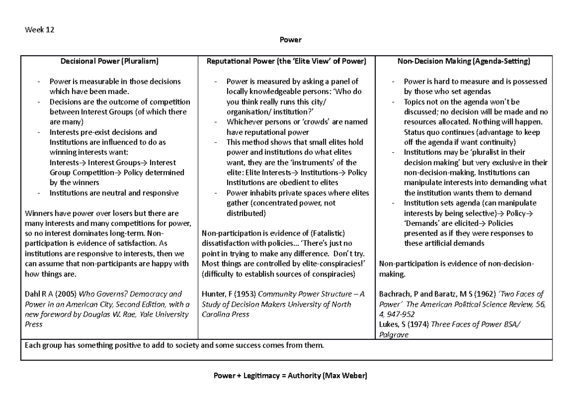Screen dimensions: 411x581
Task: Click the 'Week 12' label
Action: pyautogui.click(x=39, y=30)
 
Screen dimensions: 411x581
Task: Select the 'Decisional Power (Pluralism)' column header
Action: pyautogui.click(x=109, y=62)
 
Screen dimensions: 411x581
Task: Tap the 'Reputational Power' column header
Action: pyautogui.click(x=286, y=62)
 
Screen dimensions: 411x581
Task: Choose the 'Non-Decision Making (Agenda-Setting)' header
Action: pyautogui.click(x=463, y=62)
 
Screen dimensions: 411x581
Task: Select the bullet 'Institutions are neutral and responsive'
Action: pyautogui.click(x=114, y=193)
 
